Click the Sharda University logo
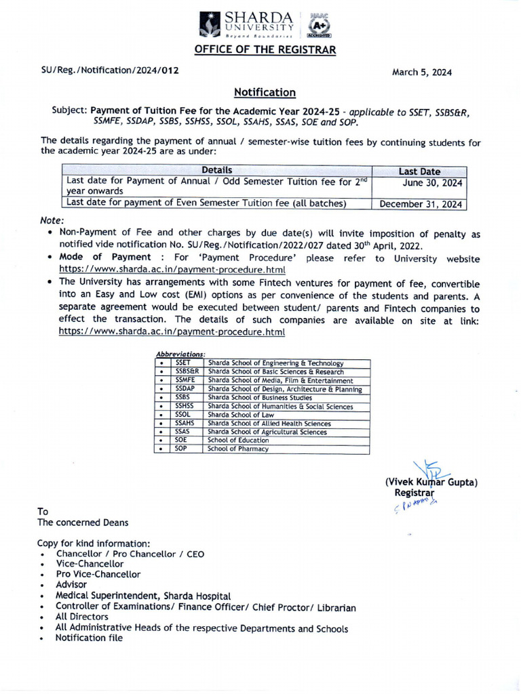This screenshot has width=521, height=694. click(247, 24)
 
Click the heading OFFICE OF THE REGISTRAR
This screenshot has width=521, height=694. click(265, 49)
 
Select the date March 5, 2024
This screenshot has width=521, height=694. click(422, 73)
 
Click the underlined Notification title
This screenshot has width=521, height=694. click(265, 92)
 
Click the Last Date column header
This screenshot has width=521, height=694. click(419, 171)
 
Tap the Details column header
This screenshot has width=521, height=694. click(216, 171)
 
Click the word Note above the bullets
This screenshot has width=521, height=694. click(52, 221)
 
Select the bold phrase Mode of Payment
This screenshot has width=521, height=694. click(105, 258)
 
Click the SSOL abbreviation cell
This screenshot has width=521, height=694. click(183, 415)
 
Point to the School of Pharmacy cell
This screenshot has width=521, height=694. click(238, 449)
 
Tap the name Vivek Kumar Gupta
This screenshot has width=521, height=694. click(431, 483)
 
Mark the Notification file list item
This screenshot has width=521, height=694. click(89, 638)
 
